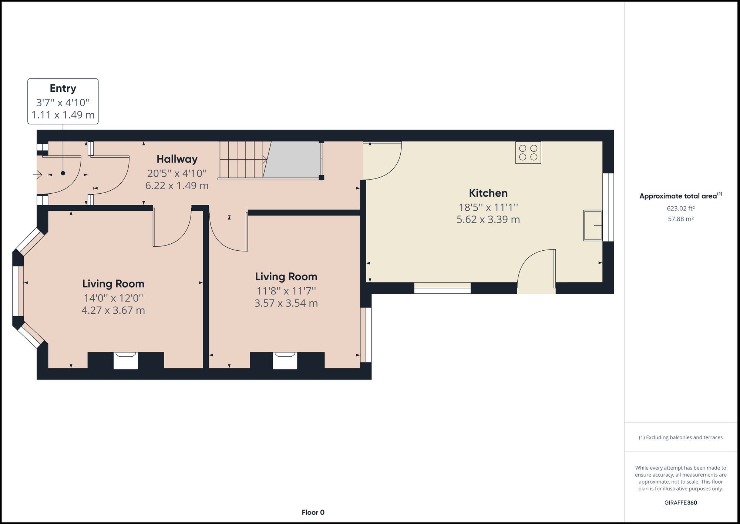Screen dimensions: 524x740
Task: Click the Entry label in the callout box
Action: [x=63, y=89]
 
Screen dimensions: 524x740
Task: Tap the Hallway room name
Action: [x=177, y=159]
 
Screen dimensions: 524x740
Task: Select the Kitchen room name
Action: [x=488, y=193]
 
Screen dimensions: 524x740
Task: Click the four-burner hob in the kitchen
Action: [x=528, y=153]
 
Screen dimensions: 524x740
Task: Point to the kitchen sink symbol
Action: [x=593, y=225]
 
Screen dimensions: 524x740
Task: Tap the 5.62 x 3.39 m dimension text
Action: [x=488, y=220]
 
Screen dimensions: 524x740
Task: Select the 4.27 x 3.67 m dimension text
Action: [x=113, y=310]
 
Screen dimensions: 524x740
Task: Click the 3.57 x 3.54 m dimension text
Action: [x=286, y=303]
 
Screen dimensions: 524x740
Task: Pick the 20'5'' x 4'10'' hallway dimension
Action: [x=177, y=173]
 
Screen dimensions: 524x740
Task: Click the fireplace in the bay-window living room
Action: [x=126, y=360]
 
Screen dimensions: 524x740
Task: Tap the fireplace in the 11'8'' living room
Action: [x=285, y=360]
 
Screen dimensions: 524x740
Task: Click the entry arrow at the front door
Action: [x=37, y=174]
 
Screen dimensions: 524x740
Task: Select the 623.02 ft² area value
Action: [x=680, y=208]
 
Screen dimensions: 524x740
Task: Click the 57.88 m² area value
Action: [x=680, y=219]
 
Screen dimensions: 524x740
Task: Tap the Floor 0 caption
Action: [x=313, y=513]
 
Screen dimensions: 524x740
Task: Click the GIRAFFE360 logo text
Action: [x=680, y=503]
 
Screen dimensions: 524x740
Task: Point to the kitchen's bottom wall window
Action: [x=442, y=288]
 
